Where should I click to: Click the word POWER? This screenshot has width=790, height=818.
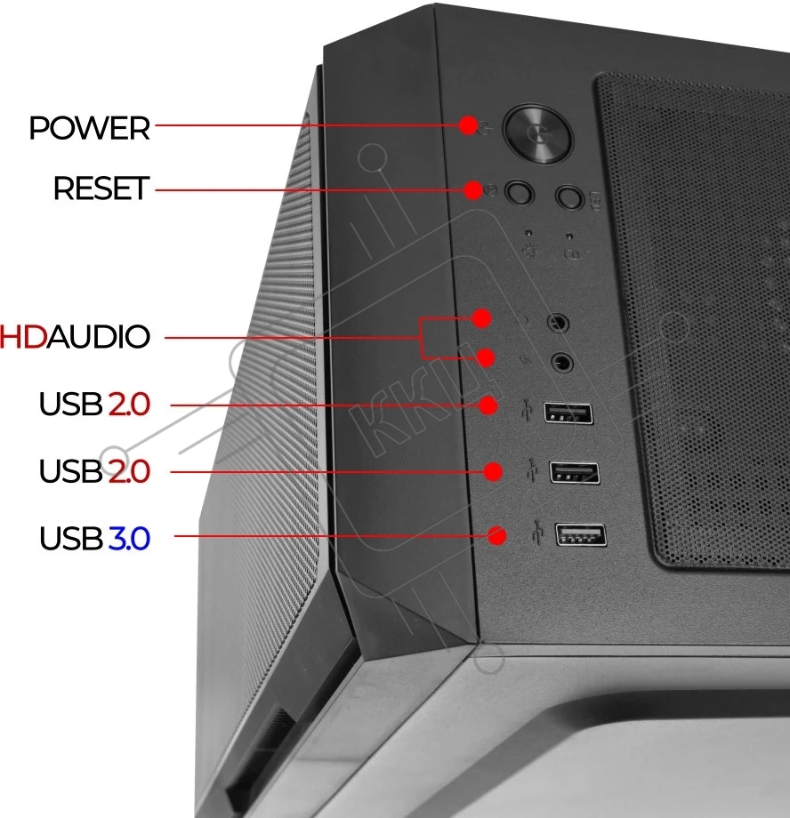click(x=89, y=128)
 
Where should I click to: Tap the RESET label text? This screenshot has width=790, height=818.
click(x=101, y=188)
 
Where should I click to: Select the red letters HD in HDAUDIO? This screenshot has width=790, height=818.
click(x=23, y=336)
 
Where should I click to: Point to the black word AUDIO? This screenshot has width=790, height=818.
click(x=99, y=336)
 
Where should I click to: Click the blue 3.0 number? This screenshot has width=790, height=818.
click(x=129, y=539)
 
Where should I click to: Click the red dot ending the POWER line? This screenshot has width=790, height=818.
click(x=469, y=125)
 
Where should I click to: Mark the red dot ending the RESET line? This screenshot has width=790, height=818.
click(x=473, y=189)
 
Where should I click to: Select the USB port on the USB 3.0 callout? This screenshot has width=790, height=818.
click(x=581, y=534)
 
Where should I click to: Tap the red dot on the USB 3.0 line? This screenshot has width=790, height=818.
click(x=496, y=535)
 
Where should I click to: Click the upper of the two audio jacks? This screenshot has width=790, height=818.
click(x=558, y=323)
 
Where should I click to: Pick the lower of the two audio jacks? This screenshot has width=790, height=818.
click(x=562, y=363)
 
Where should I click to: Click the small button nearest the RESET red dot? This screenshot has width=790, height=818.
click(x=519, y=193)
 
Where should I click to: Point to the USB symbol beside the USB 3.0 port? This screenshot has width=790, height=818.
click(x=538, y=532)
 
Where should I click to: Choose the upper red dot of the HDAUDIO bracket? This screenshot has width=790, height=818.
click(x=481, y=317)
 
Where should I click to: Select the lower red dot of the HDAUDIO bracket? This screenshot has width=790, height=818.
click(x=486, y=357)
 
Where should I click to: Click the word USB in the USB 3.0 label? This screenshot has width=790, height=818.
click(x=71, y=539)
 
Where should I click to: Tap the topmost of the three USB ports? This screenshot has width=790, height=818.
click(x=568, y=413)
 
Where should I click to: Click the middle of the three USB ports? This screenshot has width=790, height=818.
click(x=575, y=473)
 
